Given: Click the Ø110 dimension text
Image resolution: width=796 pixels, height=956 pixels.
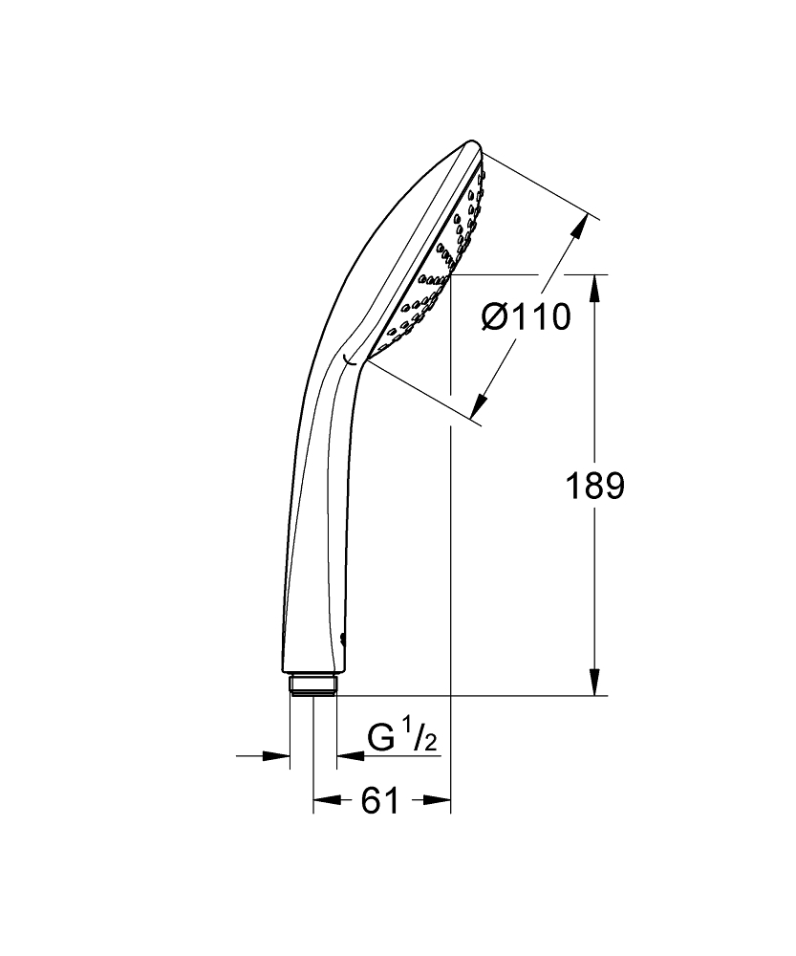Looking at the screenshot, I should (527, 315).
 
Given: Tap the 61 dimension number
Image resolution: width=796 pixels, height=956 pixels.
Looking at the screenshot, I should (380, 802).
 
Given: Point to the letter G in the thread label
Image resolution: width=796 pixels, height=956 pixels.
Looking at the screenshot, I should (382, 739).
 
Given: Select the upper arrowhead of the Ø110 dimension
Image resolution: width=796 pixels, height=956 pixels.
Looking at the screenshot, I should (579, 227).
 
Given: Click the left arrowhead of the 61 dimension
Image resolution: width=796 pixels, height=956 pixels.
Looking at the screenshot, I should (325, 801).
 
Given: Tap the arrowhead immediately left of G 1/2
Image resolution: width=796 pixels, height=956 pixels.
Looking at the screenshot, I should (348, 755).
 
